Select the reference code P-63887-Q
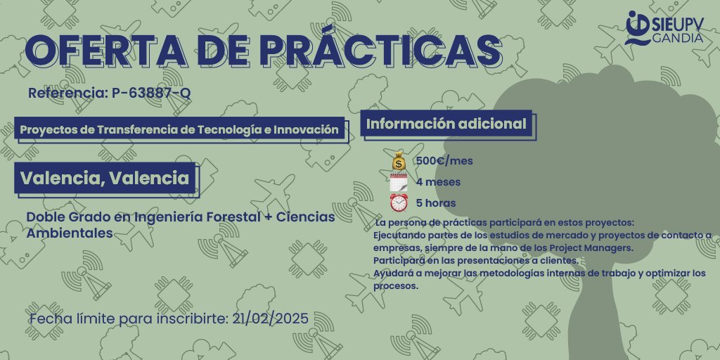point(151,93)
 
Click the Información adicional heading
point(446,124)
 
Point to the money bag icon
point(399,161)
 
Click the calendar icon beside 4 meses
point(399,182)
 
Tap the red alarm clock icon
point(399,203)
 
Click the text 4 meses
point(438,182)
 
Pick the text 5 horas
point(436,203)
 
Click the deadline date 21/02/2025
point(270,319)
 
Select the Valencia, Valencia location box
point(105,178)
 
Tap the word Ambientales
point(70,233)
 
